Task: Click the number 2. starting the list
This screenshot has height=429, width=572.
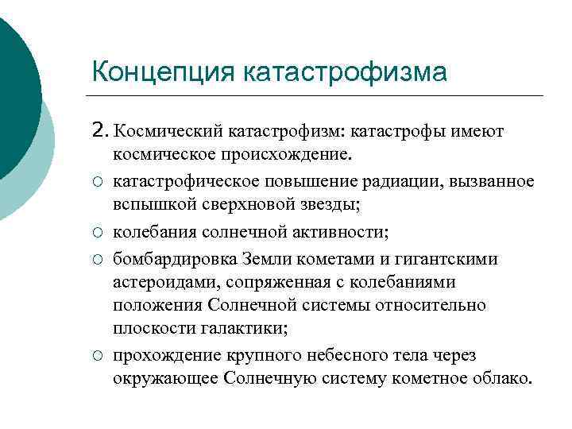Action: [101, 129]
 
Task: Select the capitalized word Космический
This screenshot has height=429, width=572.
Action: [168, 130]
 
